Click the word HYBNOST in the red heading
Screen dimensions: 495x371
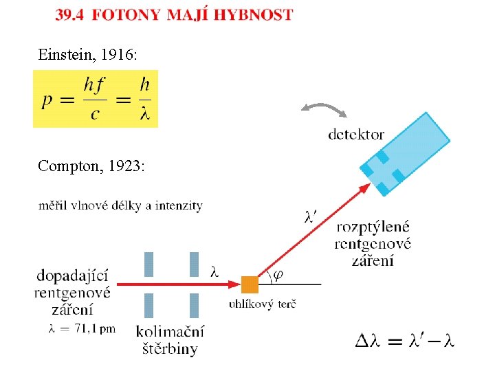tap(254, 15)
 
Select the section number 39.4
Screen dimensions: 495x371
tap(69, 15)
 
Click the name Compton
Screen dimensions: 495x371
tap(71, 166)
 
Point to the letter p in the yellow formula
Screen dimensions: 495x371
tap(47, 101)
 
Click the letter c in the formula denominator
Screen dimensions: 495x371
tap(95, 114)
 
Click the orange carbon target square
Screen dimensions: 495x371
tap(250, 284)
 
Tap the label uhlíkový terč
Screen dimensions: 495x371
tap(262, 304)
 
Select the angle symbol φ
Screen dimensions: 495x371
tap(278, 276)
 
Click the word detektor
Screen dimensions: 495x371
tap(356, 135)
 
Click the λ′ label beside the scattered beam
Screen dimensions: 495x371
tap(311, 217)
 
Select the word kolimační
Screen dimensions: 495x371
tap(170, 332)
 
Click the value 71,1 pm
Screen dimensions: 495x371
tap(95, 328)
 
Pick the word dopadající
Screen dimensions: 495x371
tap(73, 276)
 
